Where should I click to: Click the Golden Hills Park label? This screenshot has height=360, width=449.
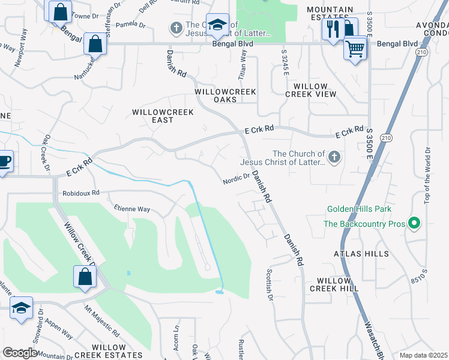(x=359, y=209)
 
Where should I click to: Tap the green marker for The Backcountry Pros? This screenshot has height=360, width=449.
(x=414, y=224)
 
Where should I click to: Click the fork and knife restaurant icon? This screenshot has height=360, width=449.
(x=332, y=28)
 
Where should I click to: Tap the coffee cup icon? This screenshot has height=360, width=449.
(x=4, y=161)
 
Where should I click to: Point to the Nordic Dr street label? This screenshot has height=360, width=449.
(x=236, y=178)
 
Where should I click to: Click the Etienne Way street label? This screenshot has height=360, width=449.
(x=132, y=209)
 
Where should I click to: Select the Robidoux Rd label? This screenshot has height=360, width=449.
(x=80, y=194)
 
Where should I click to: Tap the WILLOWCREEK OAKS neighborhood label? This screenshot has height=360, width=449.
(x=226, y=96)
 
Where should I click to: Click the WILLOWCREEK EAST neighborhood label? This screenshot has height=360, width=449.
(x=161, y=116)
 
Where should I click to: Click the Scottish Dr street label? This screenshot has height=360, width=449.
(x=269, y=285)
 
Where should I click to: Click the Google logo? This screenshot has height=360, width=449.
(x=20, y=353)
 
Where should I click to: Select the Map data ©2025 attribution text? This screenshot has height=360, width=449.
(x=423, y=355)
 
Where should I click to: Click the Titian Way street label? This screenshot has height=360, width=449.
(x=243, y=61)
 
